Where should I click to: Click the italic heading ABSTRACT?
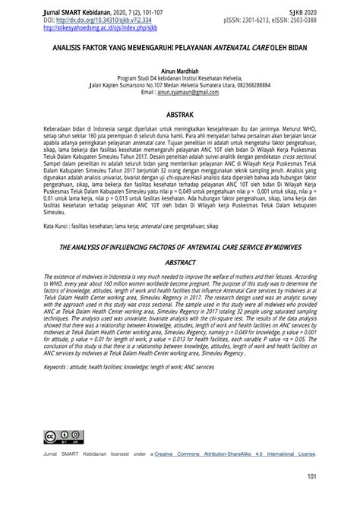[180, 261]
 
